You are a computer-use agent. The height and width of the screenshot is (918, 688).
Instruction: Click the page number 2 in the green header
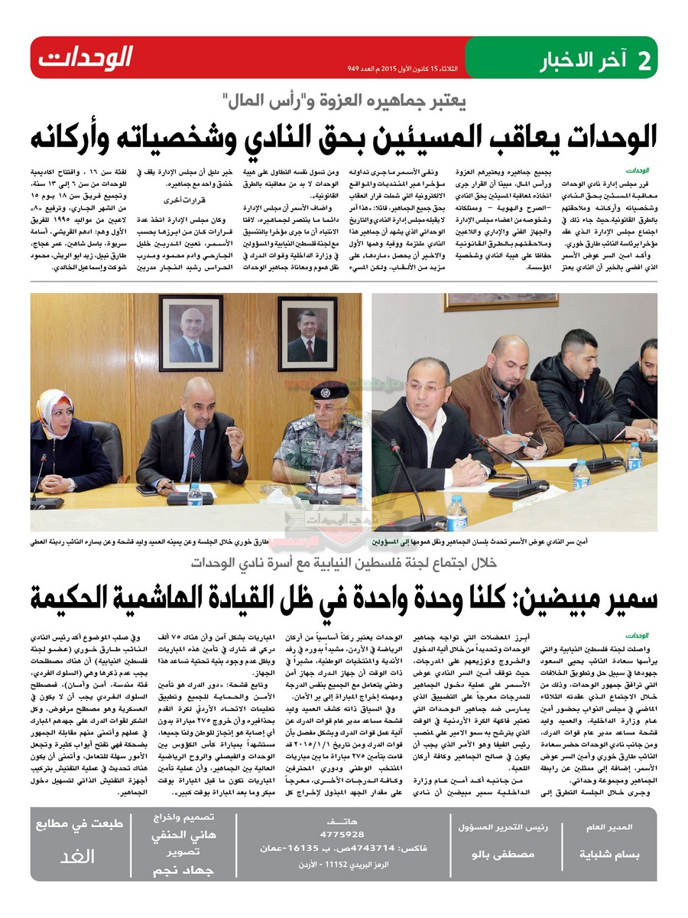coord(644,59)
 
